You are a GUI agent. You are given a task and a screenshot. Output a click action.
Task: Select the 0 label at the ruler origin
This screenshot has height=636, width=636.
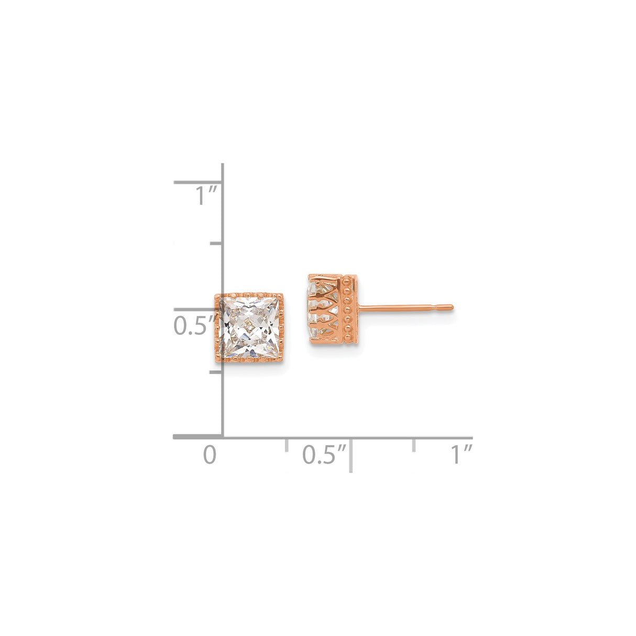point(210,454)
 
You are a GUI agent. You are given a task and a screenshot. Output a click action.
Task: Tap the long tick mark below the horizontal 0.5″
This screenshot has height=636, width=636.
point(350,455)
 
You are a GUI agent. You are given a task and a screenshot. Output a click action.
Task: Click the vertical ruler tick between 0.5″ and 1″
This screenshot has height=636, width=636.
point(216,244)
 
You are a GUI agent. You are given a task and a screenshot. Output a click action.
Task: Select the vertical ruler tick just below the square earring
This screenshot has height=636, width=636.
point(216,372)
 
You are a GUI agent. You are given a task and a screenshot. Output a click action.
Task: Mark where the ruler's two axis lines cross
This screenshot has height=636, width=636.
point(223,436)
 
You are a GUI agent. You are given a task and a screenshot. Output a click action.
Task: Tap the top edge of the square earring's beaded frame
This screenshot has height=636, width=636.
point(249,295)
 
